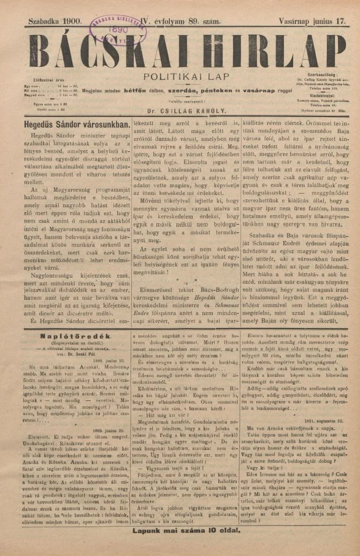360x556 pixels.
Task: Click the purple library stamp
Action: pyautogui.click(x=115, y=26)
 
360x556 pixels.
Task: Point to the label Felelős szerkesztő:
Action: pyautogui.click(x=178, y=102)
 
